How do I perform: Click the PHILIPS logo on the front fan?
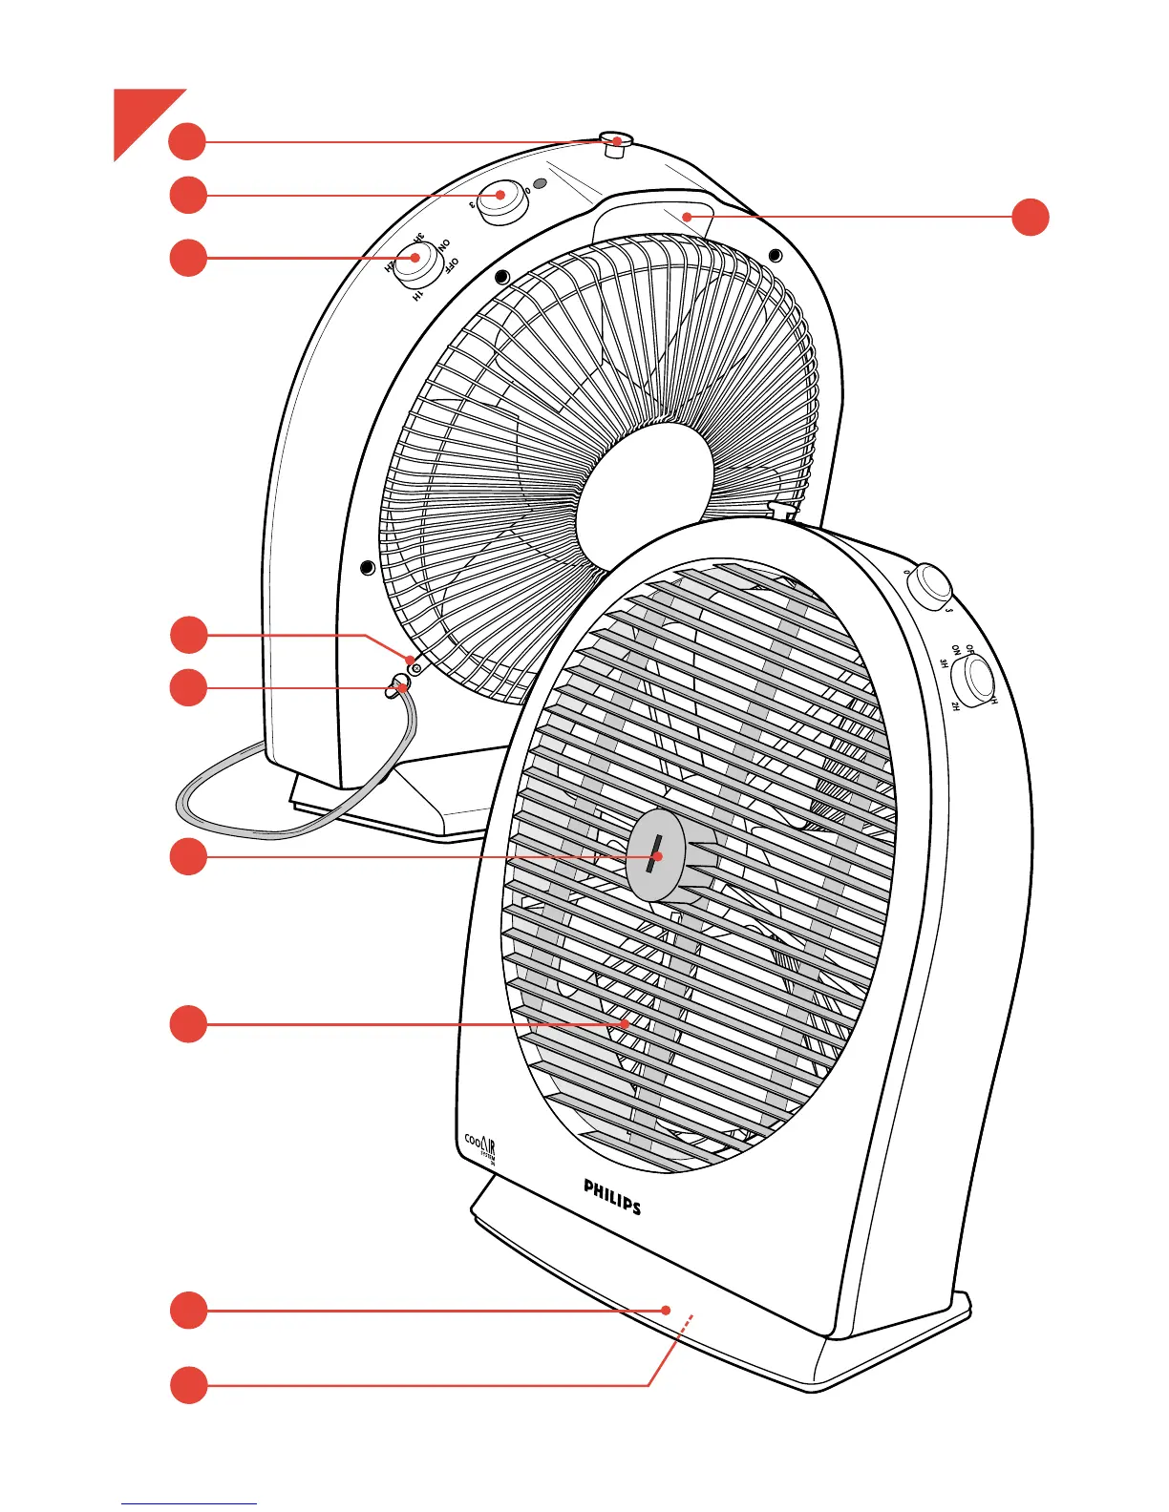[612, 1196]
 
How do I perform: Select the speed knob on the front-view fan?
[929, 585]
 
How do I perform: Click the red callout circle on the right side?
[1030, 217]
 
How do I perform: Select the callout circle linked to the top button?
[188, 142]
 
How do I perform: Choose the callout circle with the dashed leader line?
[188, 1385]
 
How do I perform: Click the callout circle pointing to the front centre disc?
[188, 857]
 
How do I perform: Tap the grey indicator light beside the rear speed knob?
[540, 183]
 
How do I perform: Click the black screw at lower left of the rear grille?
[368, 569]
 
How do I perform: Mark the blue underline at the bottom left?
[188, 1503]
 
